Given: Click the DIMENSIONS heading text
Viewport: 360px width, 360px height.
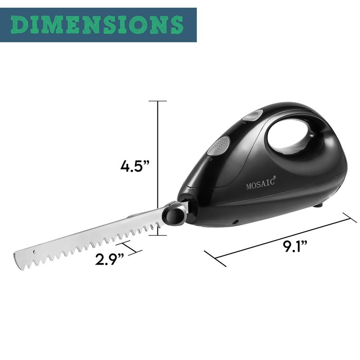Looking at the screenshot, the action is [97, 25].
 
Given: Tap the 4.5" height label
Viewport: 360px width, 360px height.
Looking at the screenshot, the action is [135, 166].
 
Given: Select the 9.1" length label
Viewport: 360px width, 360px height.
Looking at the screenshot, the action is [295, 246].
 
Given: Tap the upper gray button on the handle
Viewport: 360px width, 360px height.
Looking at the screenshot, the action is [253, 115].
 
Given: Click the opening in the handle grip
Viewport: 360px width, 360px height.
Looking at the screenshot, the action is [288, 134].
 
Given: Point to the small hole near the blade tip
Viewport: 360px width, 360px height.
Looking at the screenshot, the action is [35, 252].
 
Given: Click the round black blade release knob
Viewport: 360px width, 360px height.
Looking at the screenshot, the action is [173, 216].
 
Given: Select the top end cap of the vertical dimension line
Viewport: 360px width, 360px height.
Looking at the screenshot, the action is [157, 101].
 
